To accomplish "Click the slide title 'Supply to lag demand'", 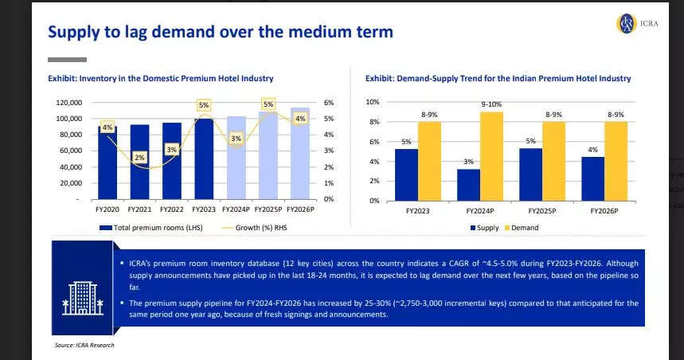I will pyautogui.click(x=221, y=32).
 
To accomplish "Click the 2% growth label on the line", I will pyautogui.click(x=139, y=158).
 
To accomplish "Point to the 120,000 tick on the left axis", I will pyautogui.click(x=69, y=103).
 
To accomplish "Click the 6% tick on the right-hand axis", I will pyautogui.click(x=328, y=103).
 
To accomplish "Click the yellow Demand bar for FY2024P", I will pyautogui.click(x=491, y=156).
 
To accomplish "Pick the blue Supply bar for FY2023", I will pyautogui.click(x=406, y=174).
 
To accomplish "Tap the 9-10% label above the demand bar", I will pyautogui.click(x=491, y=104).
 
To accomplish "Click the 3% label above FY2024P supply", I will pyautogui.click(x=468, y=162).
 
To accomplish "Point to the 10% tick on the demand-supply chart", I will pyautogui.click(x=373, y=102).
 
